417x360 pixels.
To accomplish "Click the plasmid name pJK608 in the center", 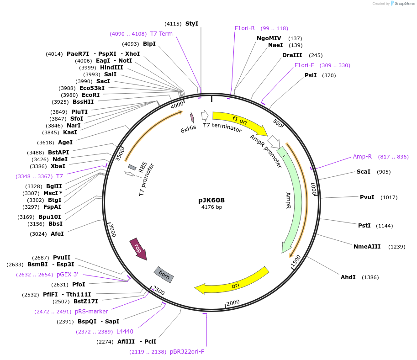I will [211, 200].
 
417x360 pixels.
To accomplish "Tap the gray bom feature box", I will [164, 274].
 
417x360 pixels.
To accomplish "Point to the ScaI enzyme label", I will [364, 172].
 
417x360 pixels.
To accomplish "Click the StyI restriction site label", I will [192, 24].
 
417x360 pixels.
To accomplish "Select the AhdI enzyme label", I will [348, 277].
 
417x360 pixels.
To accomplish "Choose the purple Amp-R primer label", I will [362, 157].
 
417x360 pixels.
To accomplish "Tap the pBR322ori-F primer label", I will [187, 352].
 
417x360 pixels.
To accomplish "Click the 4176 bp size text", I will [211, 207].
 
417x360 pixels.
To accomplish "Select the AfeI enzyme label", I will [57, 233].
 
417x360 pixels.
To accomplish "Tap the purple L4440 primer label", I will [125, 332].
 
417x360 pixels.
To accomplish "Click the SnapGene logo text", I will [404, 3].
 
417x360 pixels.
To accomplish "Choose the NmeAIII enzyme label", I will [367, 247].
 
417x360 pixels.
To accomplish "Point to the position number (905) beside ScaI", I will [384, 172].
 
